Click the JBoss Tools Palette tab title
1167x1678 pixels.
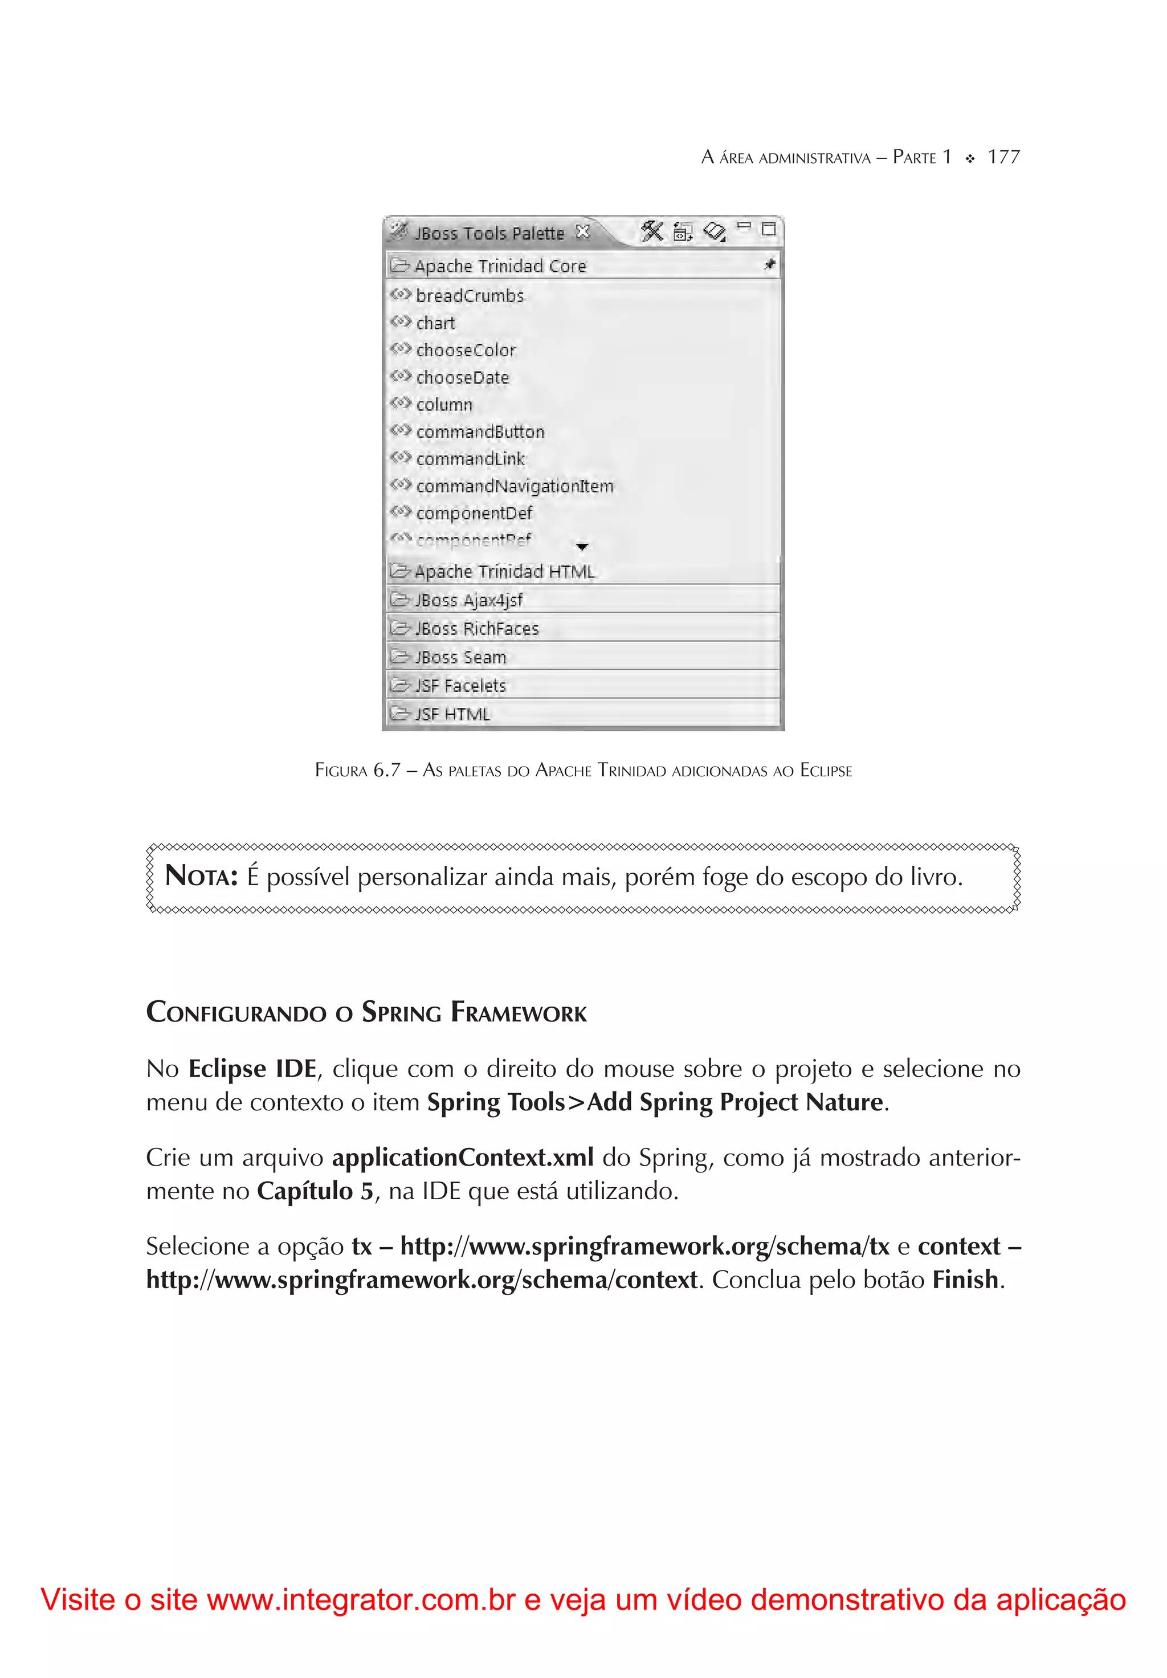point(489,233)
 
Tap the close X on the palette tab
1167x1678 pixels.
point(582,231)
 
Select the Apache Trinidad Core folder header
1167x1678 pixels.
point(500,266)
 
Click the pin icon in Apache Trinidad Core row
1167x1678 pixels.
point(769,264)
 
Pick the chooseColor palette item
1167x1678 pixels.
point(466,351)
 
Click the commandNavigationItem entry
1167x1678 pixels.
point(515,486)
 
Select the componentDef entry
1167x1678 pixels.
point(474,513)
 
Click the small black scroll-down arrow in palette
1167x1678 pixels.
point(582,547)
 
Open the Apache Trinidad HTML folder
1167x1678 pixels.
point(504,572)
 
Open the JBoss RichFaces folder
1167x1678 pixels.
point(476,629)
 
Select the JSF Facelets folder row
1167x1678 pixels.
point(460,686)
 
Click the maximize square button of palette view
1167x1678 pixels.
point(768,230)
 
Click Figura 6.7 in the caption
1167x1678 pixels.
point(357,770)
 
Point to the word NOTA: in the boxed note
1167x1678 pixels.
point(201,875)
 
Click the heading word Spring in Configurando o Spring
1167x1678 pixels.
point(401,1012)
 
